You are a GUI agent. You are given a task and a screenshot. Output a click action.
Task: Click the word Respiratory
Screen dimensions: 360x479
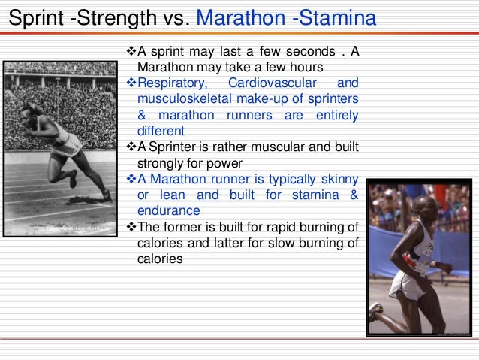pyautogui.click(x=170, y=83)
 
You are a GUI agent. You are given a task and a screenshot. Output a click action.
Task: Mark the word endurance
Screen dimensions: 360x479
pyautogui.click(x=169, y=210)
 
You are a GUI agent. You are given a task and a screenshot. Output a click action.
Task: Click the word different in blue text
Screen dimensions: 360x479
pyautogui.click(x=161, y=130)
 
